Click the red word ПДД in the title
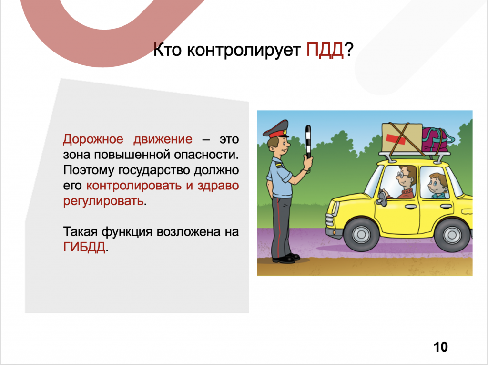(325, 50)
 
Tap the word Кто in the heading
(167, 50)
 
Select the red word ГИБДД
(84, 247)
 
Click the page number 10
(440, 346)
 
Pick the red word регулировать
(103, 202)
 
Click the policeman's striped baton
(308, 142)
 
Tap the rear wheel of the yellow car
(452, 234)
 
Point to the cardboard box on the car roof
(402, 138)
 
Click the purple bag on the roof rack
(437, 139)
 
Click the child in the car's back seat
(438, 186)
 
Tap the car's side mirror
(381, 198)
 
